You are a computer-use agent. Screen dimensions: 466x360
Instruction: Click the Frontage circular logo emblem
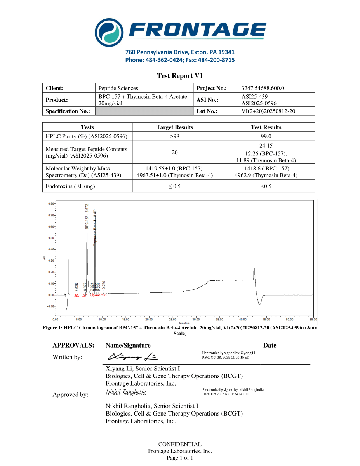(110, 32)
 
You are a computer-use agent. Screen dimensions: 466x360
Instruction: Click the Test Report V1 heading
(180, 76)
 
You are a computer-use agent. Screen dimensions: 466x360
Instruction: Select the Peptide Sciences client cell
(118, 88)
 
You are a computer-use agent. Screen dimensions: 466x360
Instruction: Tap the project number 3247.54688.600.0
(263, 88)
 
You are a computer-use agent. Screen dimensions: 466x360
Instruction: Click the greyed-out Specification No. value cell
(144, 111)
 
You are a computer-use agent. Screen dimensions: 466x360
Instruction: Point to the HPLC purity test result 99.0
(266, 136)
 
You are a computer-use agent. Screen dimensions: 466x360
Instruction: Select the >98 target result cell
(175, 136)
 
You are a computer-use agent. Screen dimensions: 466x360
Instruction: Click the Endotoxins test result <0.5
(266, 186)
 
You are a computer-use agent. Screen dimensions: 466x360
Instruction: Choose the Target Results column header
(175, 127)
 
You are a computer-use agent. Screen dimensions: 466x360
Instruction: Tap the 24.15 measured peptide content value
(266, 146)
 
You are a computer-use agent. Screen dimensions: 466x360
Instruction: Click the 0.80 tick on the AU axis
(51, 203)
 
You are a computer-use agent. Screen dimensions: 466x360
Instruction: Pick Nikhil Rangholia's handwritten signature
(126, 392)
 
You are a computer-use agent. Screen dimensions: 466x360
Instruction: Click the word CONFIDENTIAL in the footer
(180, 444)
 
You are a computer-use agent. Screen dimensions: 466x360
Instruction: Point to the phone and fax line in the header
(180, 60)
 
